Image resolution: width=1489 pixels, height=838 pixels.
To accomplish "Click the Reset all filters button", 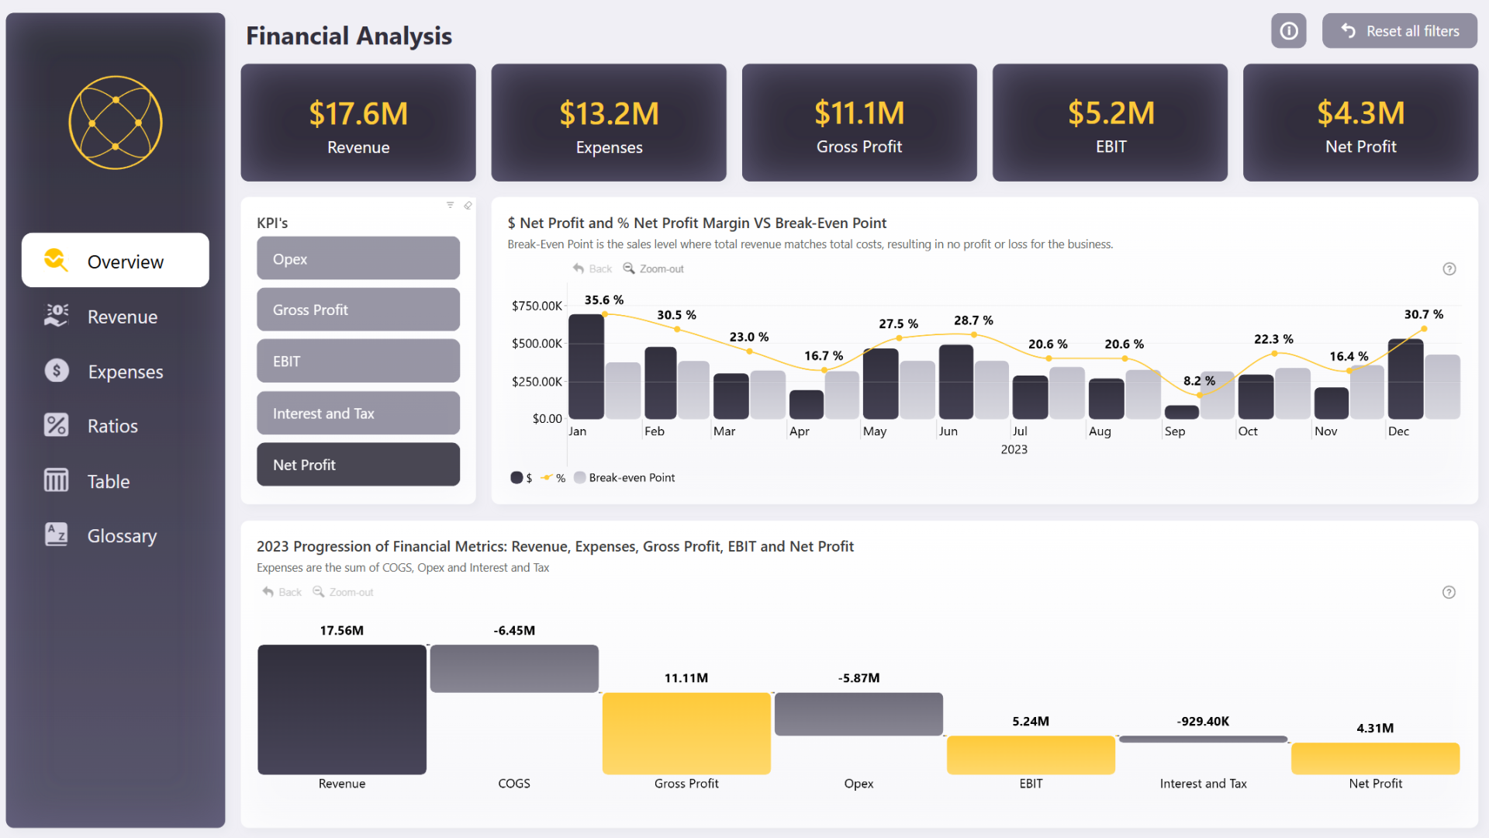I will pos(1399,31).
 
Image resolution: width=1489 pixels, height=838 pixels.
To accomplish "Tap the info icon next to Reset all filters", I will pos(1288,31).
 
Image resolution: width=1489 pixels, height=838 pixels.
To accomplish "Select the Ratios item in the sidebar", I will pos(112,426).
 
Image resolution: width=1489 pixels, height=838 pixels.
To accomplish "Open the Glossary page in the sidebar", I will pos(122,536).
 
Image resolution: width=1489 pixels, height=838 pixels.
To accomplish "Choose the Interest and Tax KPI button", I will pos(358,414).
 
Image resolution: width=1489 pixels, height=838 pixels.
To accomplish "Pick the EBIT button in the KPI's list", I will pos(358,362).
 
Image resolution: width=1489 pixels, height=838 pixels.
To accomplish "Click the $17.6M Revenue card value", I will pos(358,114).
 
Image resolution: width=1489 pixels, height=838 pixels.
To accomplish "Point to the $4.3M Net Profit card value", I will pos(1360,113).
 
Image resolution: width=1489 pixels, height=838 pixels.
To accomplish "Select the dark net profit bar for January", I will pos(586,366).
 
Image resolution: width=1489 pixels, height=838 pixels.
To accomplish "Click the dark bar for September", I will pos(1181,412).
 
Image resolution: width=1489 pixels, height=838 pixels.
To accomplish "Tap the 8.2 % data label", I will pos(1199,381).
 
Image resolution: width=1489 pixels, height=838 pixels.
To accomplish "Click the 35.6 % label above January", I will pos(603,300).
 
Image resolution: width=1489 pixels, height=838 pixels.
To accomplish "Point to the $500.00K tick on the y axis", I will pos(537,344).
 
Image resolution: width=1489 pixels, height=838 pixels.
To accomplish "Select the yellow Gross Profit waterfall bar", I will pos(686,733).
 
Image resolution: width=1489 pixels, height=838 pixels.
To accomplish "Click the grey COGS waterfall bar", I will pos(514,668).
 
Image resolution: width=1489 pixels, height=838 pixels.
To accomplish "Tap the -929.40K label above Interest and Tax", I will pos(1203,721).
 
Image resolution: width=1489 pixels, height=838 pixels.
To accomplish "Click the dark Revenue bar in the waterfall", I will pos(341,709).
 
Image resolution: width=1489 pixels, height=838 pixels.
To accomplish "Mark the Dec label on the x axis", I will pos(1398,431).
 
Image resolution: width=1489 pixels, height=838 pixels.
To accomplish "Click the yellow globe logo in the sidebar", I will pos(116,123).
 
